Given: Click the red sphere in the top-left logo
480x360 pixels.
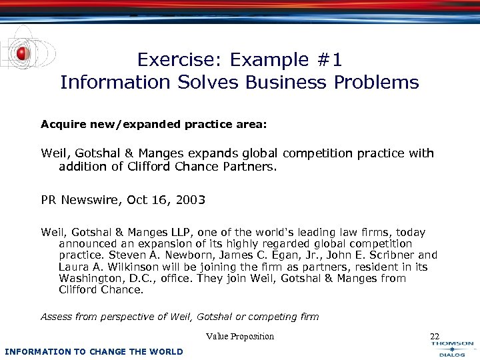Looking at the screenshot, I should [22, 53].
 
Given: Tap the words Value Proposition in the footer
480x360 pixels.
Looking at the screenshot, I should [240, 337].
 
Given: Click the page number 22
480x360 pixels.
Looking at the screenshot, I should [435, 337].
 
